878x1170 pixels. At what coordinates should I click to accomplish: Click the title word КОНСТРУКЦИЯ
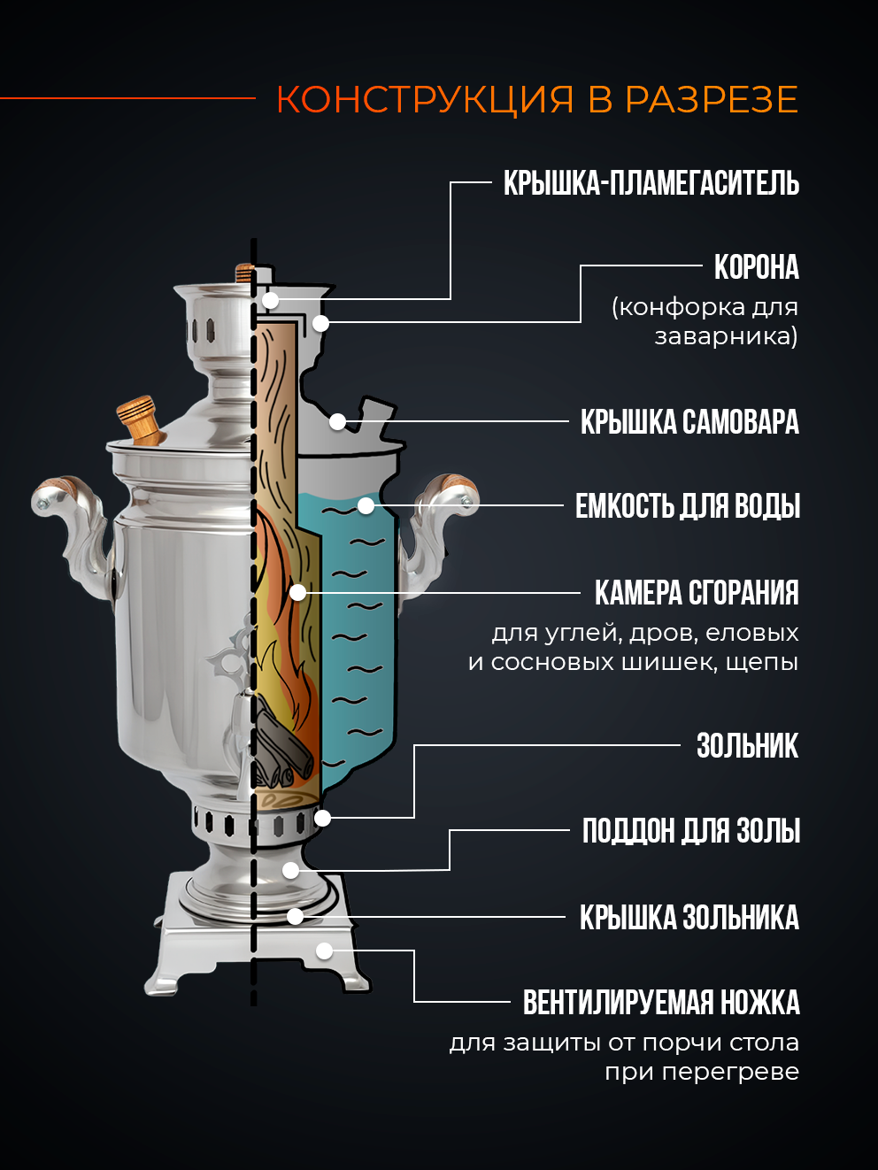pos(425,100)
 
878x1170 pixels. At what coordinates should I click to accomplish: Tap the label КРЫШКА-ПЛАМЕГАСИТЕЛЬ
pos(651,184)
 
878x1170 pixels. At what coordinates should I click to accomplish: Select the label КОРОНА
pos(756,267)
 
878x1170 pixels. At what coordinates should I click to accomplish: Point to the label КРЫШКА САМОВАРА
pos(689,422)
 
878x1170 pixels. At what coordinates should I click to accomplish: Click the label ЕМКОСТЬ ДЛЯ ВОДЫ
pos(688,506)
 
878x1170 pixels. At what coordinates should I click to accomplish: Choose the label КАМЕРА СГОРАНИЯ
pos(697,593)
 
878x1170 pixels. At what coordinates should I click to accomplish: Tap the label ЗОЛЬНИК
pos(747,746)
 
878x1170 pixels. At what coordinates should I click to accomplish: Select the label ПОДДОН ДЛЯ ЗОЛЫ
pos(691,831)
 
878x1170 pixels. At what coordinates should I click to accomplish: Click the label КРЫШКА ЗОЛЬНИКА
pos(689,918)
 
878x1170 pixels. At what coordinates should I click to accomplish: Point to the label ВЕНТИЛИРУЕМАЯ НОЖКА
pos(661,1003)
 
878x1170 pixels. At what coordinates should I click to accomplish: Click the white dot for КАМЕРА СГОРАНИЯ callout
pos(298,592)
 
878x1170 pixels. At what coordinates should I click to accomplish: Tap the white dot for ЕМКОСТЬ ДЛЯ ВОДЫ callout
pos(366,506)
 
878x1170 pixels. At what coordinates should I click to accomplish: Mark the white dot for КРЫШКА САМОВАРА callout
pos(337,421)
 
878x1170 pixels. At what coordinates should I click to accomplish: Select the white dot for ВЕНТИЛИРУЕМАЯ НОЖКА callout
pos(325,951)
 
